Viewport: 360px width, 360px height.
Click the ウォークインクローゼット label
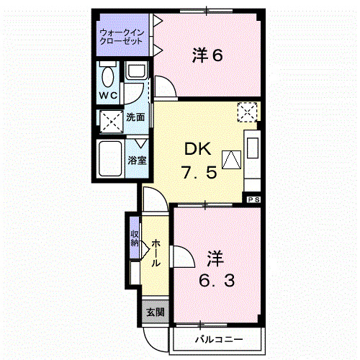tap(121, 37)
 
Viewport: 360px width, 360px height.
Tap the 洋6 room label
tap(207, 55)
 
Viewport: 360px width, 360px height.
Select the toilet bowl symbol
tap(108, 76)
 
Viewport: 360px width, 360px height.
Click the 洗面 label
tap(136, 117)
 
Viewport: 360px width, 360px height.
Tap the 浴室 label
tap(138, 160)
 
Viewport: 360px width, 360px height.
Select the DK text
tap(197, 150)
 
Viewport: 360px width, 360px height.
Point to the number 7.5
tap(198, 174)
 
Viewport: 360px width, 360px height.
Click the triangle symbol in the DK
tap(230, 160)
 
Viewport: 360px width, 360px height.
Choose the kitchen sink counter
tap(253, 154)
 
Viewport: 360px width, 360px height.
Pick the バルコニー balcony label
tap(217, 338)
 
